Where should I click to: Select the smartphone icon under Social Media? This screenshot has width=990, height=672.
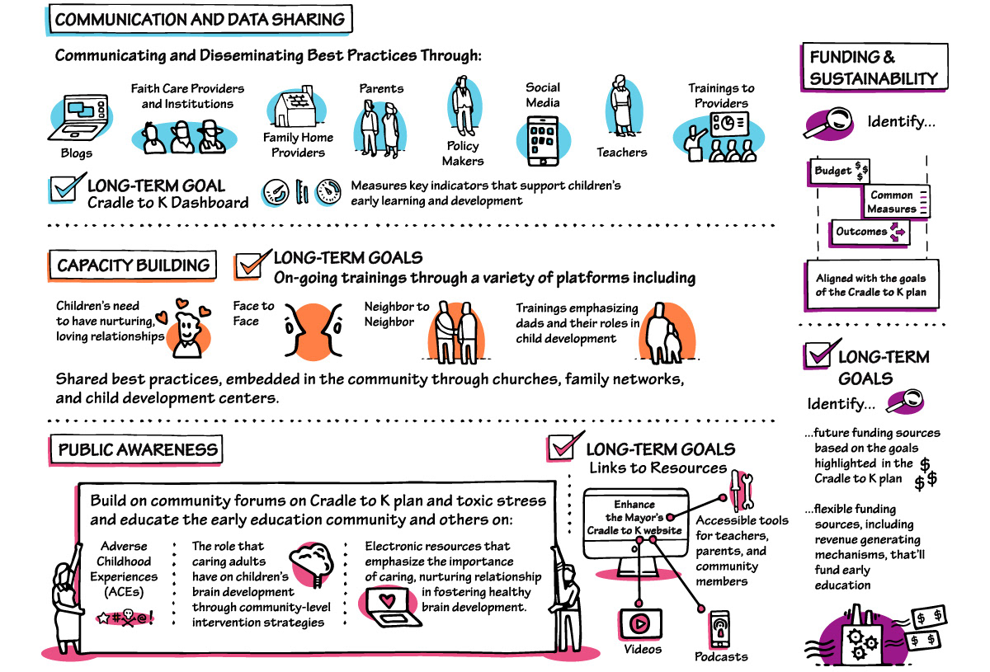(x=542, y=137)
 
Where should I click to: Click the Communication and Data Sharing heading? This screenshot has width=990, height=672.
(x=200, y=20)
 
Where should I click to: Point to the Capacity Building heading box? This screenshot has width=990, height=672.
(x=132, y=266)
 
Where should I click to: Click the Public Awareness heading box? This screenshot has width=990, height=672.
(x=138, y=449)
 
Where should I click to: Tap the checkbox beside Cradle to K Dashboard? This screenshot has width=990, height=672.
(x=64, y=187)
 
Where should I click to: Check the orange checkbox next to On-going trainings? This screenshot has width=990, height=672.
(x=249, y=265)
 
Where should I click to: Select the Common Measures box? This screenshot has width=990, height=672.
(x=896, y=202)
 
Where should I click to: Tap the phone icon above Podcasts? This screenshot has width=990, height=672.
(x=719, y=628)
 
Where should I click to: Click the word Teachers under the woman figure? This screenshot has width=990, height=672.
(x=621, y=153)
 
